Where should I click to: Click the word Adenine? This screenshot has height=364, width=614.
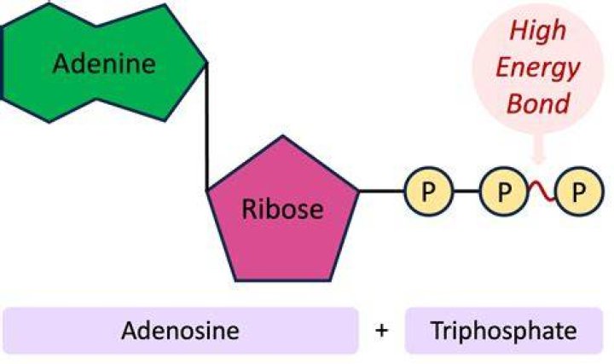coord(104,64)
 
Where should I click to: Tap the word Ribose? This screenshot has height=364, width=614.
coord(283,209)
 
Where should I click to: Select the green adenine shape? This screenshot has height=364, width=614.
coord(103,62)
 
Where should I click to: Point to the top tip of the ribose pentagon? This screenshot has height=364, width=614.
coord(283,136)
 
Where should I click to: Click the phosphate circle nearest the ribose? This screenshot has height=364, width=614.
coord(429,192)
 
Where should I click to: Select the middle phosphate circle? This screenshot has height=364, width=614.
coord(504,192)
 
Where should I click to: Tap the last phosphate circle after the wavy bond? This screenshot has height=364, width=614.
coord(579,192)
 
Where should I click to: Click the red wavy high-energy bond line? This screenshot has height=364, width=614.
coord(542,192)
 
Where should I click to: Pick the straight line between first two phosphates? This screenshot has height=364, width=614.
coord(466,192)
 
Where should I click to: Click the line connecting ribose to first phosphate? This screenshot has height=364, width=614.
coord(382,192)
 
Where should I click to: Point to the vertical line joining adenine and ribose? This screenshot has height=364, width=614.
coord(206,126)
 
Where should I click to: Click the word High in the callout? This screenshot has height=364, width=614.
coord(538,31)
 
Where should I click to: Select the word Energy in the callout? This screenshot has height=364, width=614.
coord(538,69)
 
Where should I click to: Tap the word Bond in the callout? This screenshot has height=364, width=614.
coord(538,103)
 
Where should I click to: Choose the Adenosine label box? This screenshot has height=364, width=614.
coord(181,331)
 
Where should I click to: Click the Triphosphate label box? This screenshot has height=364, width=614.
coord(504,331)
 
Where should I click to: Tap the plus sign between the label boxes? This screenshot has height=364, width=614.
coord(382,331)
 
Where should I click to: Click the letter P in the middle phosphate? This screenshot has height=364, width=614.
coord(504,192)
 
